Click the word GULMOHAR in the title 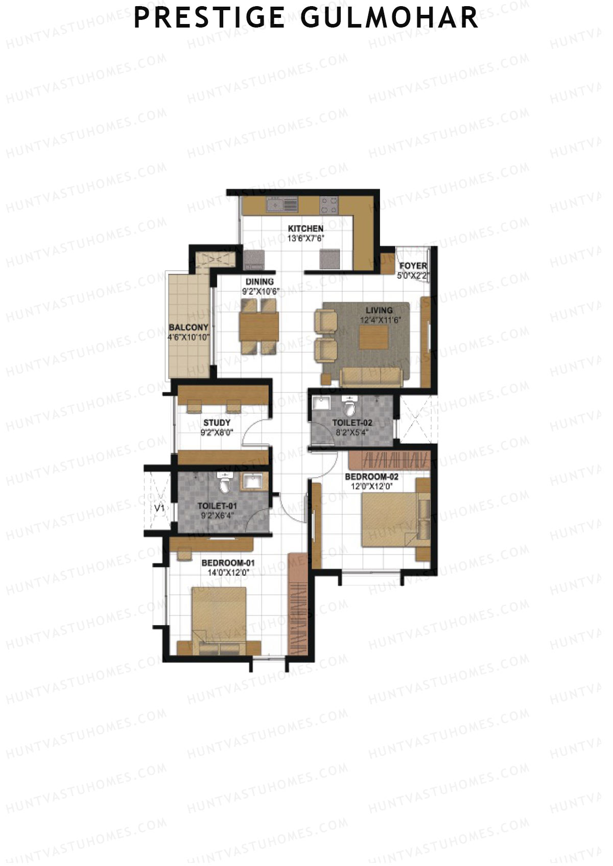click(x=389, y=18)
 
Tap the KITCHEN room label click(x=305, y=229)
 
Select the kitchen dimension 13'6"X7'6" click(x=305, y=238)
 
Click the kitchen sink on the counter click(x=281, y=205)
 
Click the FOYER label click(x=413, y=266)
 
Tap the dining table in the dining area click(x=259, y=327)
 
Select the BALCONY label click(x=188, y=328)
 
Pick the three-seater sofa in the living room click(x=371, y=377)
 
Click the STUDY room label click(x=217, y=423)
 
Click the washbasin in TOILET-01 click(x=252, y=481)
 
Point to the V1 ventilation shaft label click(x=159, y=508)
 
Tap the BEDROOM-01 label click(x=228, y=563)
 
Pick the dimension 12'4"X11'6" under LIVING click(x=380, y=319)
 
